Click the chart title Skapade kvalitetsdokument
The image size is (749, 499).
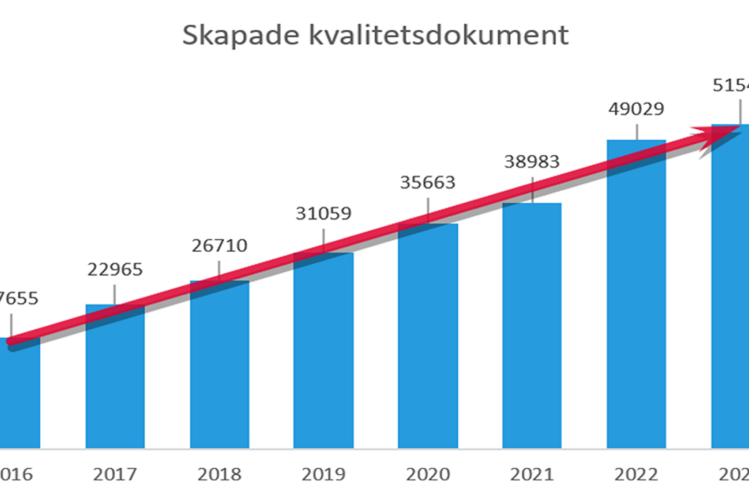pyautogui.click(x=375, y=35)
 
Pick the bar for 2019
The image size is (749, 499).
pyautogui.click(x=323, y=356)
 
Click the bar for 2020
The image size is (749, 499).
pyautogui.click(x=428, y=342)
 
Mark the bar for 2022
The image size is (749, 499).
pyautogui.click(x=636, y=303)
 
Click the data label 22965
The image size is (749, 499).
pyautogui.click(x=115, y=270)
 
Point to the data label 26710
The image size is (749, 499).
pyautogui.click(x=219, y=246)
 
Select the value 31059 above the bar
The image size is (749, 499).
pyautogui.click(x=323, y=214)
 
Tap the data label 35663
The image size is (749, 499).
pyautogui.click(x=428, y=183)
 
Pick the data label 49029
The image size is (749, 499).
pyautogui.click(x=636, y=109)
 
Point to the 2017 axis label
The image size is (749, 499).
pyautogui.click(x=115, y=474)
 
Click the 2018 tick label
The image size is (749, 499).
pyautogui.click(x=219, y=474)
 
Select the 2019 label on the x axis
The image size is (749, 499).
pyautogui.click(x=323, y=474)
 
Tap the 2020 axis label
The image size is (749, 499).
pyautogui.click(x=428, y=474)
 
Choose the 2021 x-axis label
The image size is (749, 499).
pyautogui.click(x=532, y=474)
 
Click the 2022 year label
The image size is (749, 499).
pyautogui.click(x=636, y=474)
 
